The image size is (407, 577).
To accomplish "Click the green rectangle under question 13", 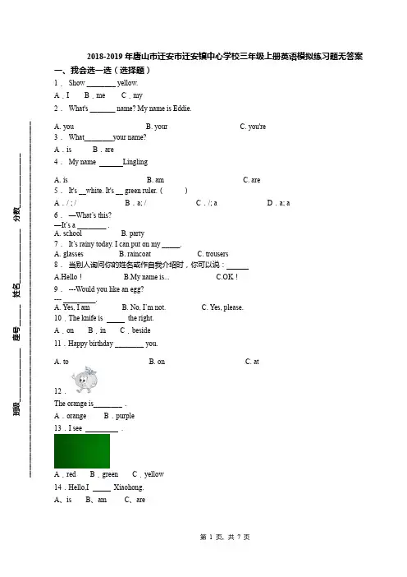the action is pyautogui.click(x=82, y=451).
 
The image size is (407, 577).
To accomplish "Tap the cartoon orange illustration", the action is pyautogui.click(x=85, y=379).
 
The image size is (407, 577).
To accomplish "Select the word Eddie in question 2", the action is pyautogui.click(x=182, y=108).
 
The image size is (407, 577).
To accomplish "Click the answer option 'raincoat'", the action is pyautogui.click(x=139, y=254).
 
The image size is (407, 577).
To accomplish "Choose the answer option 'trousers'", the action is pyautogui.click(x=217, y=254).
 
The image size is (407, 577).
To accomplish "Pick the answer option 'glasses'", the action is pyautogui.click(x=73, y=254).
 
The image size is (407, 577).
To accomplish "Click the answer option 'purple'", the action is pyautogui.click(x=125, y=416).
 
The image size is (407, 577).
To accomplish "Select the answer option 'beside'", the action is pyautogui.click(x=141, y=330).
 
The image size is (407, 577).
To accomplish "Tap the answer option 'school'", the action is pyautogui.click(x=72, y=233).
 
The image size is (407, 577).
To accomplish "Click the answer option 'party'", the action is pyautogui.click(x=137, y=233).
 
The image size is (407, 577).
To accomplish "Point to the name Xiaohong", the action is pyautogui.click(x=129, y=487).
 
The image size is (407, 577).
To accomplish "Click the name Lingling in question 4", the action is pyautogui.click(x=135, y=162).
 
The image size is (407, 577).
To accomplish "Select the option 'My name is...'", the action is pyautogui.click(x=149, y=277).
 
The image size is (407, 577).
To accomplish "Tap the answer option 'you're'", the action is pyautogui.click(x=257, y=127).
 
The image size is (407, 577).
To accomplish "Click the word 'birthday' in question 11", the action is pyautogui.click(x=101, y=344).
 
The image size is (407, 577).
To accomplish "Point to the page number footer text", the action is pyautogui.click(x=225, y=538).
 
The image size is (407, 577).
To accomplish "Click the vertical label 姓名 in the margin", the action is pyautogui.click(x=17, y=290).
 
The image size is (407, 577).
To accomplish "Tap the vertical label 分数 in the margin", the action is pyautogui.click(x=17, y=215).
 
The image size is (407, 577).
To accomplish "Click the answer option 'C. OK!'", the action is pyautogui.click(x=227, y=277).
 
